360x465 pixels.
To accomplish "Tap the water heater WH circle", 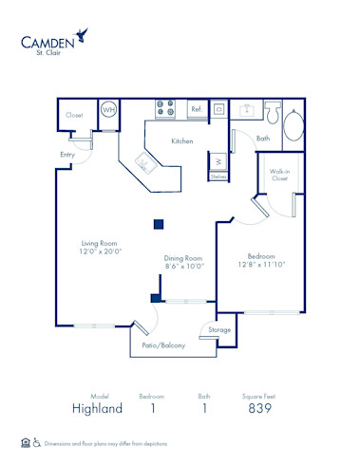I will click(108, 110).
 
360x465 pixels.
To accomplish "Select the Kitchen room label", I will click(182, 141).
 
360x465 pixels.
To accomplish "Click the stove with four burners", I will click(164, 108).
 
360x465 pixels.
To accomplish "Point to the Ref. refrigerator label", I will click(197, 110).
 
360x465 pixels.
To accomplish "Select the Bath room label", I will click(263, 139).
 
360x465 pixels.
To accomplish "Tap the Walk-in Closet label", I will click(279, 175).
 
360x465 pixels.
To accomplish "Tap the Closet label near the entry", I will click(74, 115).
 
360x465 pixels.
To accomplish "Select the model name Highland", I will click(96, 408).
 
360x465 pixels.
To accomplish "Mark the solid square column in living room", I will click(160, 224).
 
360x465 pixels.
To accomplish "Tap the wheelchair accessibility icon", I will click(37, 442).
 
